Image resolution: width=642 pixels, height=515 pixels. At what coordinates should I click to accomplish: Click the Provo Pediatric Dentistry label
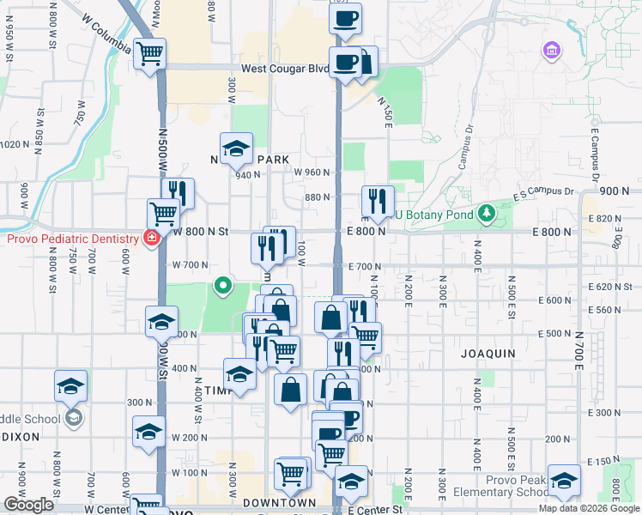[73, 238]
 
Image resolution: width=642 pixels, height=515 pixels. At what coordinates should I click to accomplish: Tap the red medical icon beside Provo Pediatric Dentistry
[151, 238]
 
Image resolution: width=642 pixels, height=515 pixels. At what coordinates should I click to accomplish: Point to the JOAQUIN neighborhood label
[488, 353]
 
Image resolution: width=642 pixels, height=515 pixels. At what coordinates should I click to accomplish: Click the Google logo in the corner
[28, 505]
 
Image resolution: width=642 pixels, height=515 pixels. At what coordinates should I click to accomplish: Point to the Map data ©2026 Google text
[590, 508]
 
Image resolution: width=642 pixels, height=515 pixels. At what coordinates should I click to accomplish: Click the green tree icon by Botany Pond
[486, 211]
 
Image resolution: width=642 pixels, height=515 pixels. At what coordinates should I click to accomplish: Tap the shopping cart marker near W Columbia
[150, 54]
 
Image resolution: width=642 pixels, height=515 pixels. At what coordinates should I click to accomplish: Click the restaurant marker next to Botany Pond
[378, 202]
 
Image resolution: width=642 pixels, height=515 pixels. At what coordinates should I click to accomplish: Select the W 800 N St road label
[201, 231]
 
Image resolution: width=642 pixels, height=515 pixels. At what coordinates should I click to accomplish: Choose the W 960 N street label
[312, 172]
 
